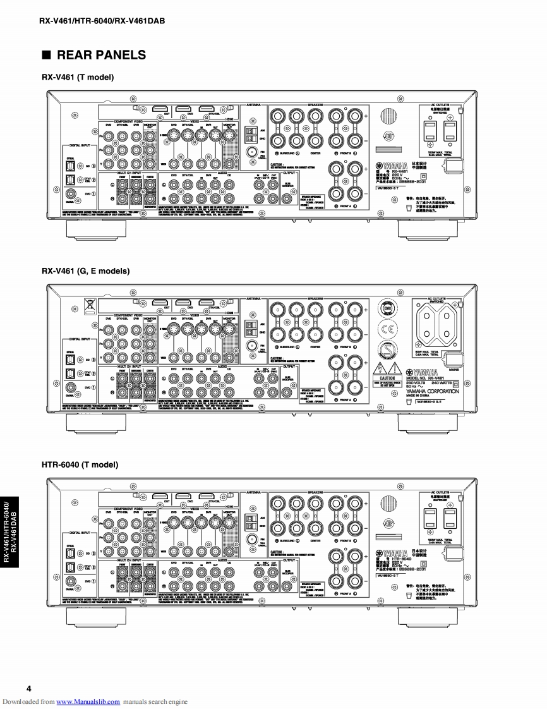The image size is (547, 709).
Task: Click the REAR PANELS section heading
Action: (101, 55)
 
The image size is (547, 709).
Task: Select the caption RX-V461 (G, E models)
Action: (85, 271)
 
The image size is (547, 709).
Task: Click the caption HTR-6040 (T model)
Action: (80, 465)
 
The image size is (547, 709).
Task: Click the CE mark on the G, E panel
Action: (387, 330)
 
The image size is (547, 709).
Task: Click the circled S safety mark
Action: (387, 353)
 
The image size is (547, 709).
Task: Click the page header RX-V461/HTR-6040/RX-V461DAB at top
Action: (102, 21)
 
